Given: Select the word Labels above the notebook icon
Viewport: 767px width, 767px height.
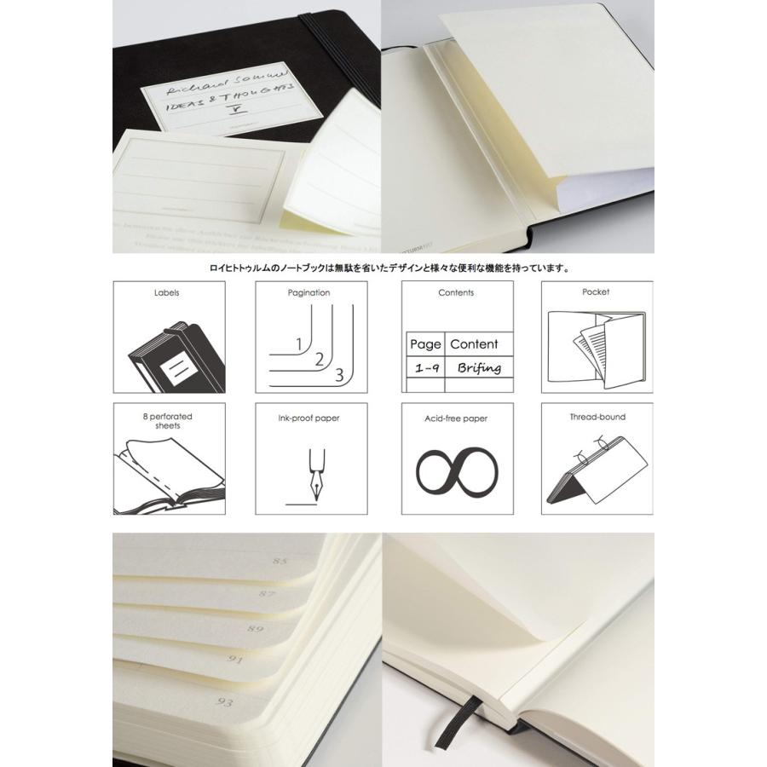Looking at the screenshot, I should tap(167, 292).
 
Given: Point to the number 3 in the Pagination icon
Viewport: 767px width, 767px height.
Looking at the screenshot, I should tap(338, 373).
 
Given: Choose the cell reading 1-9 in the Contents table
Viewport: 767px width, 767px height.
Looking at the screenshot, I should tap(424, 368).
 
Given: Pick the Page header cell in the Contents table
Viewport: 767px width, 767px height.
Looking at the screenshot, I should tap(424, 344).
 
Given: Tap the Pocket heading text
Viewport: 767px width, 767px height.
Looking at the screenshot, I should tap(596, 291).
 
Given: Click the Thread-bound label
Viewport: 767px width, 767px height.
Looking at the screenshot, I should tap(597, 418).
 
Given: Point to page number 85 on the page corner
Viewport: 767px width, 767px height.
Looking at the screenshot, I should tap(279, 562).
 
